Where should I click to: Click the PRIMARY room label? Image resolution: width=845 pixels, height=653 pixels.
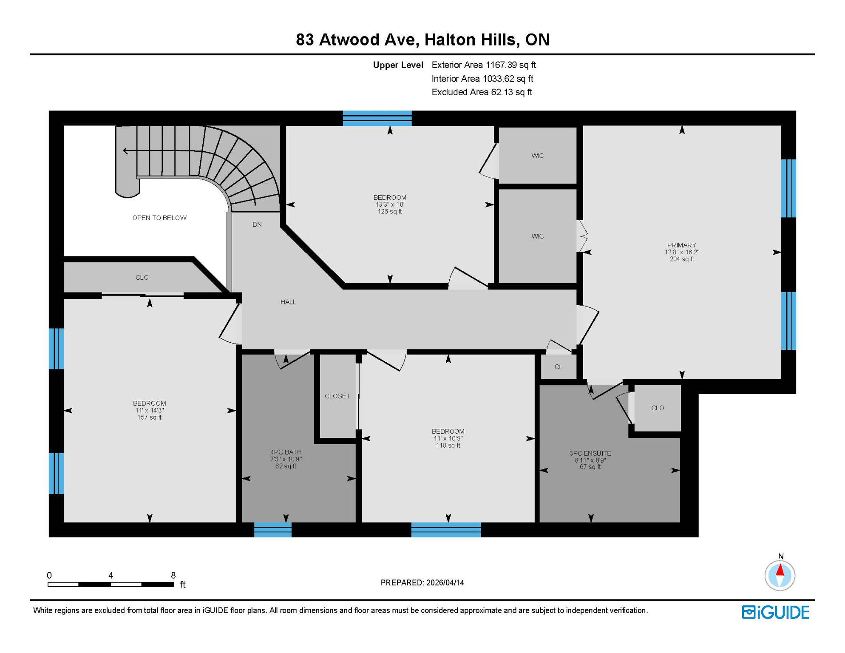click(681, 245)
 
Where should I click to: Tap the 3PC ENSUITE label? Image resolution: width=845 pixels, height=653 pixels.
click(590, 454)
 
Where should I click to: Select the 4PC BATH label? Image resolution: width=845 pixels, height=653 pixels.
click(285, 452)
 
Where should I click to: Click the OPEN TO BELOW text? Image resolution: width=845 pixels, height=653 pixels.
click(159, 218)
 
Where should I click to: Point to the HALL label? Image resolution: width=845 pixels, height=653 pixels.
click(288, 302)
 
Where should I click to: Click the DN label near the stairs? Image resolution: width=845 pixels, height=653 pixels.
click(257, 224)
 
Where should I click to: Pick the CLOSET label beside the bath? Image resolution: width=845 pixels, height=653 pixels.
click(337, 396)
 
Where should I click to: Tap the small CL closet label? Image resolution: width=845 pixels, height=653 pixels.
click(558, 367)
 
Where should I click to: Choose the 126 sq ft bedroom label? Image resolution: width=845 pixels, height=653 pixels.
click(390, 204)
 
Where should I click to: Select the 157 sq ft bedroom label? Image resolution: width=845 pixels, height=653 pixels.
click(149, 410)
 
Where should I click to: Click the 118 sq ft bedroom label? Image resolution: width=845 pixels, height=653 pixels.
click(448, 438)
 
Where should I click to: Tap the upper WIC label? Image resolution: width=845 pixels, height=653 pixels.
click(537, 156)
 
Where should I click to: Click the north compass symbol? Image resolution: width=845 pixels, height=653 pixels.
click(780, 575)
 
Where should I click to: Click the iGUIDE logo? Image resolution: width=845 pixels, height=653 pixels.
click(775, 612)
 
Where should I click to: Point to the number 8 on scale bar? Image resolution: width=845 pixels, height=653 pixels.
click(173, 576)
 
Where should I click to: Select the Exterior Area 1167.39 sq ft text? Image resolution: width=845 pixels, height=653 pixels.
click(483, 65)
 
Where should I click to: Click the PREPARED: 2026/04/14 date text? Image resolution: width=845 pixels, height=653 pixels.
click(422, 583)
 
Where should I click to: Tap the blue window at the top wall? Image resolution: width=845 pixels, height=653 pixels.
click(377, 118)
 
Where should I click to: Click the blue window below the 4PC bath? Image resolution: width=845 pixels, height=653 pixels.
click(272, 530)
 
